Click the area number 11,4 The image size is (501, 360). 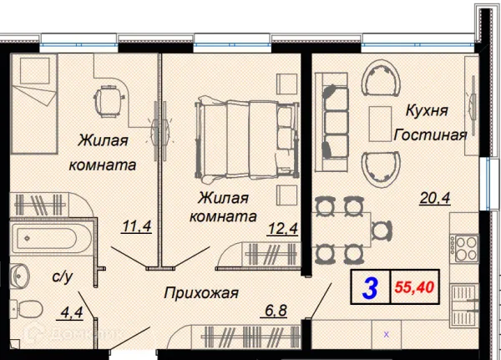(134, 226)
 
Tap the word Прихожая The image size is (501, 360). (201, 292)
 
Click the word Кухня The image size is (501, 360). (427, 110)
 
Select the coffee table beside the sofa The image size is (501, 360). (380, 119)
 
